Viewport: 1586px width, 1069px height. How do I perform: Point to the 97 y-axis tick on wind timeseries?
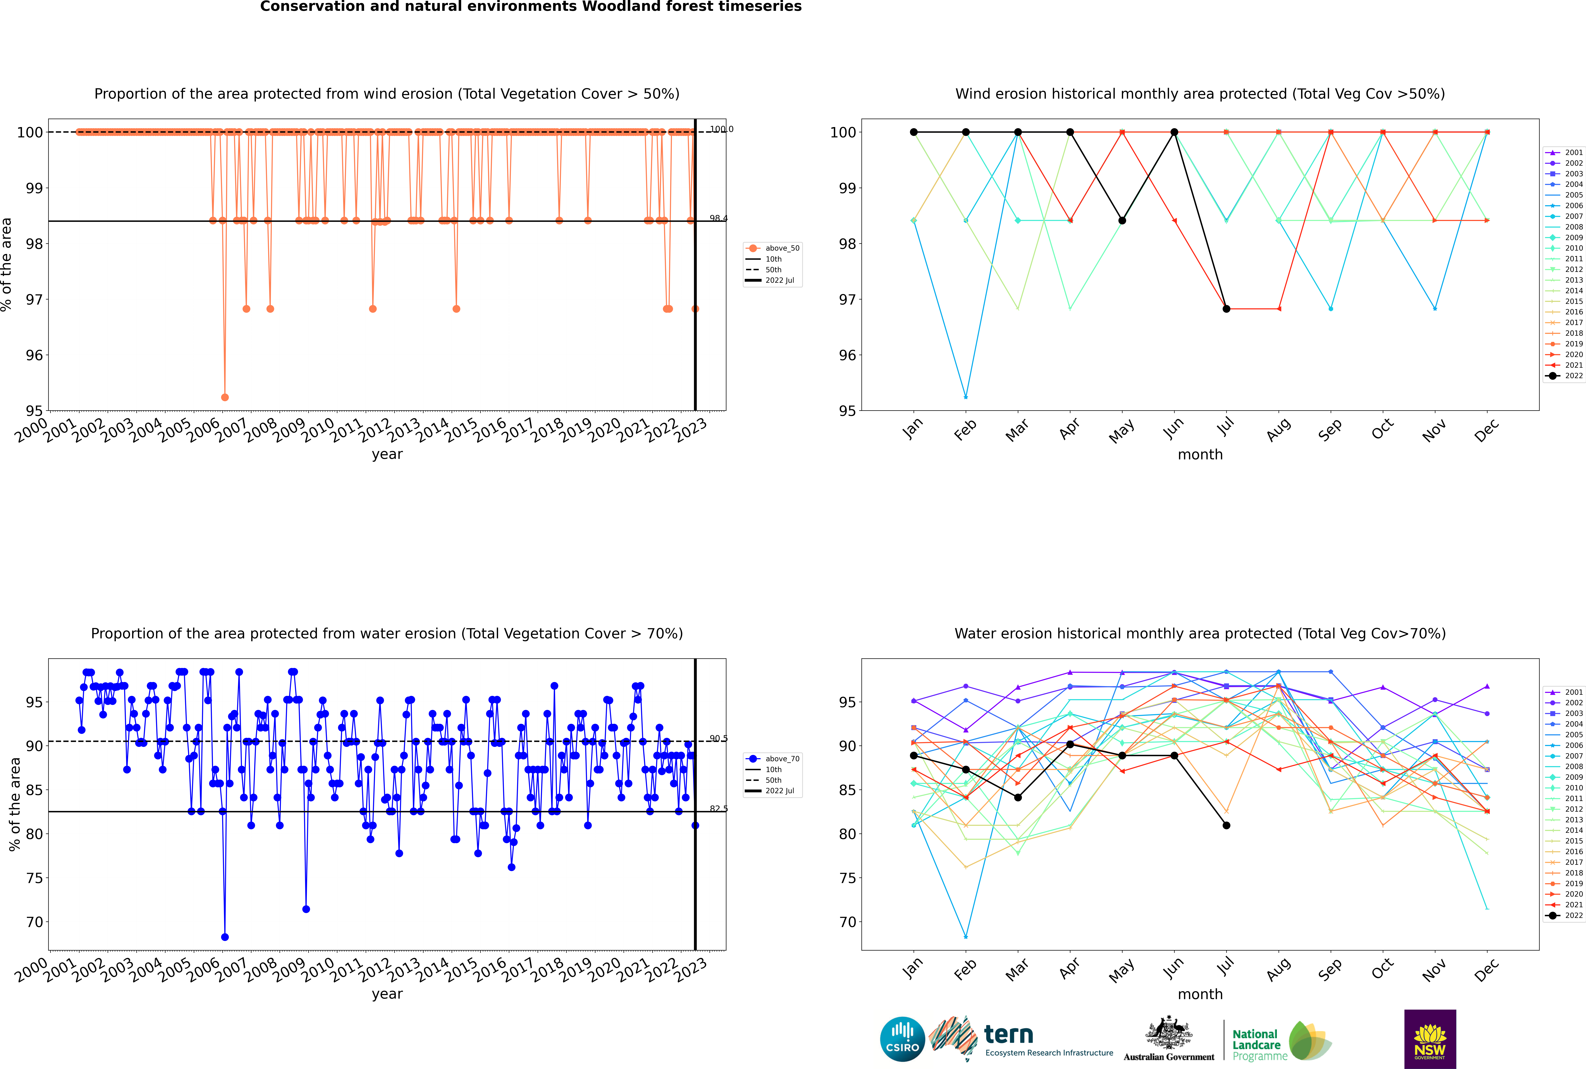[x=34, y=299]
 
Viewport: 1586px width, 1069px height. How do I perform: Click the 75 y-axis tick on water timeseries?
[x=34, y=878]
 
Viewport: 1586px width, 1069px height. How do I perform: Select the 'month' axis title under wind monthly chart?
[x=1200, y=455]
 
